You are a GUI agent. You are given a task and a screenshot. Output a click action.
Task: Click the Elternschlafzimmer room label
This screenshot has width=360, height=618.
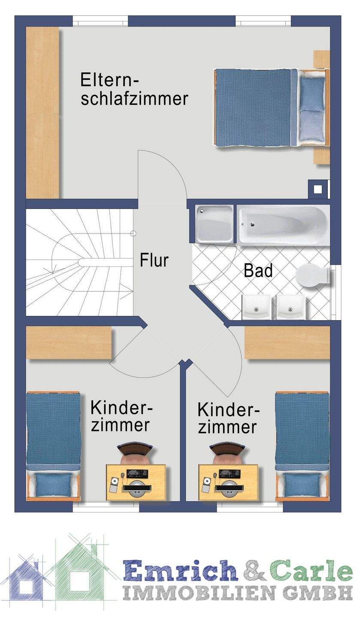pyautogui.click(x=134, y=89)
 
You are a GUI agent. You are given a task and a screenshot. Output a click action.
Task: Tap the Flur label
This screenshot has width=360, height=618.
pyautogui.click(x=154, y=261)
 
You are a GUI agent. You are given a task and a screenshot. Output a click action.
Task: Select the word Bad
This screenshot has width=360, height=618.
pyautogui.click(x=258, y=271)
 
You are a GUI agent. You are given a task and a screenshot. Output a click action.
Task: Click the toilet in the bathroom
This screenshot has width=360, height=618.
pyautogui.click(x=313, y=275)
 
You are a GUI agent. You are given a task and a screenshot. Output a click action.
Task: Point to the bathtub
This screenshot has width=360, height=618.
pyautogui.click(x=283, y=225)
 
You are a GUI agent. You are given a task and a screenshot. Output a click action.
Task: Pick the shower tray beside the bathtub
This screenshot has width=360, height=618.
pyautogui.click(x=215, y=223)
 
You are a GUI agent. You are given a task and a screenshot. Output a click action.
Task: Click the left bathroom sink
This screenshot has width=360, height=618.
pyautogui.click(x=256, y=306)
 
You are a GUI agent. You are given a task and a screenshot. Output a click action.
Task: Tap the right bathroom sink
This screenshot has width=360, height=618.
pyautogui.click(x=290, y=306)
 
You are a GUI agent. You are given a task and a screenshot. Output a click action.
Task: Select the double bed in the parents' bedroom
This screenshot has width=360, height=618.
pyautogui.click(x=270, y=107)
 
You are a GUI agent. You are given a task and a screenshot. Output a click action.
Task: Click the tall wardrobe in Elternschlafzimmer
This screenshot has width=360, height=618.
pyautogui.click(x=42, y=112)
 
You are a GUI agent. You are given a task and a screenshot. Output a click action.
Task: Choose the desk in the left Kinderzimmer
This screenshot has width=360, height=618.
pyautogui.click(x=136, y=482)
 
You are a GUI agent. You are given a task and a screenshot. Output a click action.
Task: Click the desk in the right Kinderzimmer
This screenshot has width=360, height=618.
pyautogui.click(x=228, y=482)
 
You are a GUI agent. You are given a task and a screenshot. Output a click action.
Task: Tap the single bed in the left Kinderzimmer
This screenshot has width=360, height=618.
pyautogui.click(x=53, y=446)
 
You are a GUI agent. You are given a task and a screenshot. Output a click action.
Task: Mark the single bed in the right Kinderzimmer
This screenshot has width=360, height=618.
pyautogui.click(x=302, y=446)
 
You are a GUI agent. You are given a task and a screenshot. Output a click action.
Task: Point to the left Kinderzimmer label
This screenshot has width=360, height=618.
pyautogui.click(x=121, y=416)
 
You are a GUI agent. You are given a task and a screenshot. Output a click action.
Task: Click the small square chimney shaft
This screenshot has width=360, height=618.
pyautogui.click(x=318, y=188)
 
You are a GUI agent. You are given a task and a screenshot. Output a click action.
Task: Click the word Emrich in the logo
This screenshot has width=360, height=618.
pyautogui.click(x=180, y=571)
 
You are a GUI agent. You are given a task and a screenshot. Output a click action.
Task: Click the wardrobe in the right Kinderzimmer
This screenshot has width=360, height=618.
pyautogui.click(x=287, y=342)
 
